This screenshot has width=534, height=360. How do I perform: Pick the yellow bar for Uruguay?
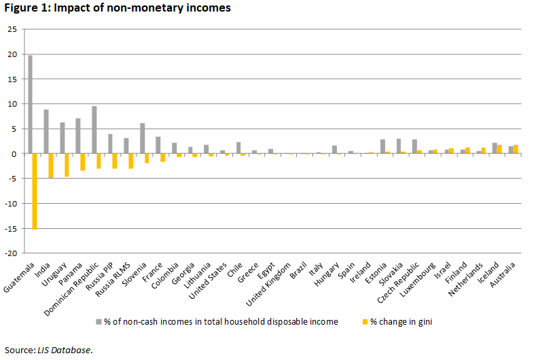coord(67,165)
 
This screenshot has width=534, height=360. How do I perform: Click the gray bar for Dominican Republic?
coord(94,130)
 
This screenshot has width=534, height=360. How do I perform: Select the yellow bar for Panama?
coord(83,162)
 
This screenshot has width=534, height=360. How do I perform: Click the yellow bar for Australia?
coord(516,149)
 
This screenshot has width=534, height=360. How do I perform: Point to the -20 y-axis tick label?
coord(12,253)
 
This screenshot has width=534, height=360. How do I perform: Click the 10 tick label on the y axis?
coord(12,104)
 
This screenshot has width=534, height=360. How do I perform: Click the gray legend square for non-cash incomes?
coord(98,321)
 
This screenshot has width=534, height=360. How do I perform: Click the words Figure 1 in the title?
coord(24,8)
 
